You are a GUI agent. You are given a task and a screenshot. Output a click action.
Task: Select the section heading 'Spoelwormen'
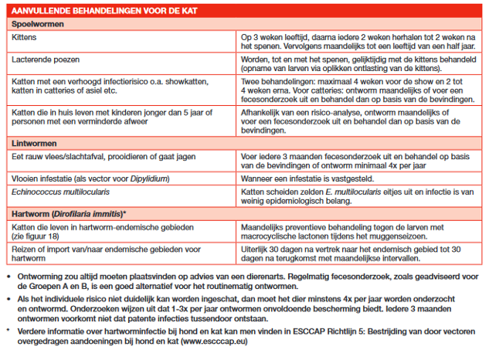click(37, 24)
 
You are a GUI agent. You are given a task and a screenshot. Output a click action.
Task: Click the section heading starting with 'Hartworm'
click(70, 212)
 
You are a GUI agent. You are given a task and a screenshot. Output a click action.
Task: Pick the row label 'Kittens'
click(25, 37)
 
